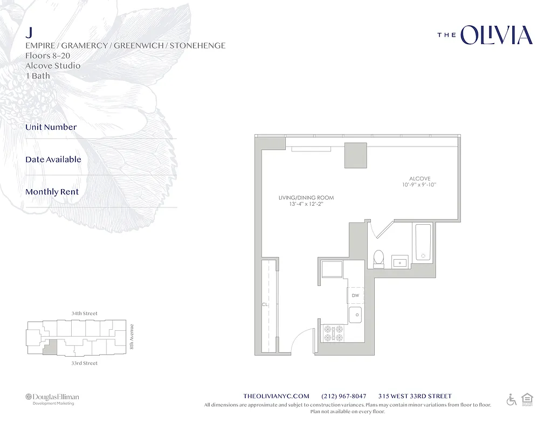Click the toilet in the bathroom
(378, 259)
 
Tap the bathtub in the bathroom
(423, 242)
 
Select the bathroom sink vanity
(399, 263)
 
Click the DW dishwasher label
(355, 296)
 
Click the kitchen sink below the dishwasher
(355, 315)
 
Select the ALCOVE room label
(419, 179)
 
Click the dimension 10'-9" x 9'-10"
(419, 185)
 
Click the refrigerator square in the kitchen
(332, 269)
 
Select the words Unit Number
(51, 127)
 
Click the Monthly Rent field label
(52, 192)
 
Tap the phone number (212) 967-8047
(343, 396)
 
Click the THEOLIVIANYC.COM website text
(277, 396)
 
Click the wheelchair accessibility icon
(511, 400)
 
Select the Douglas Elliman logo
(52, 398)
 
